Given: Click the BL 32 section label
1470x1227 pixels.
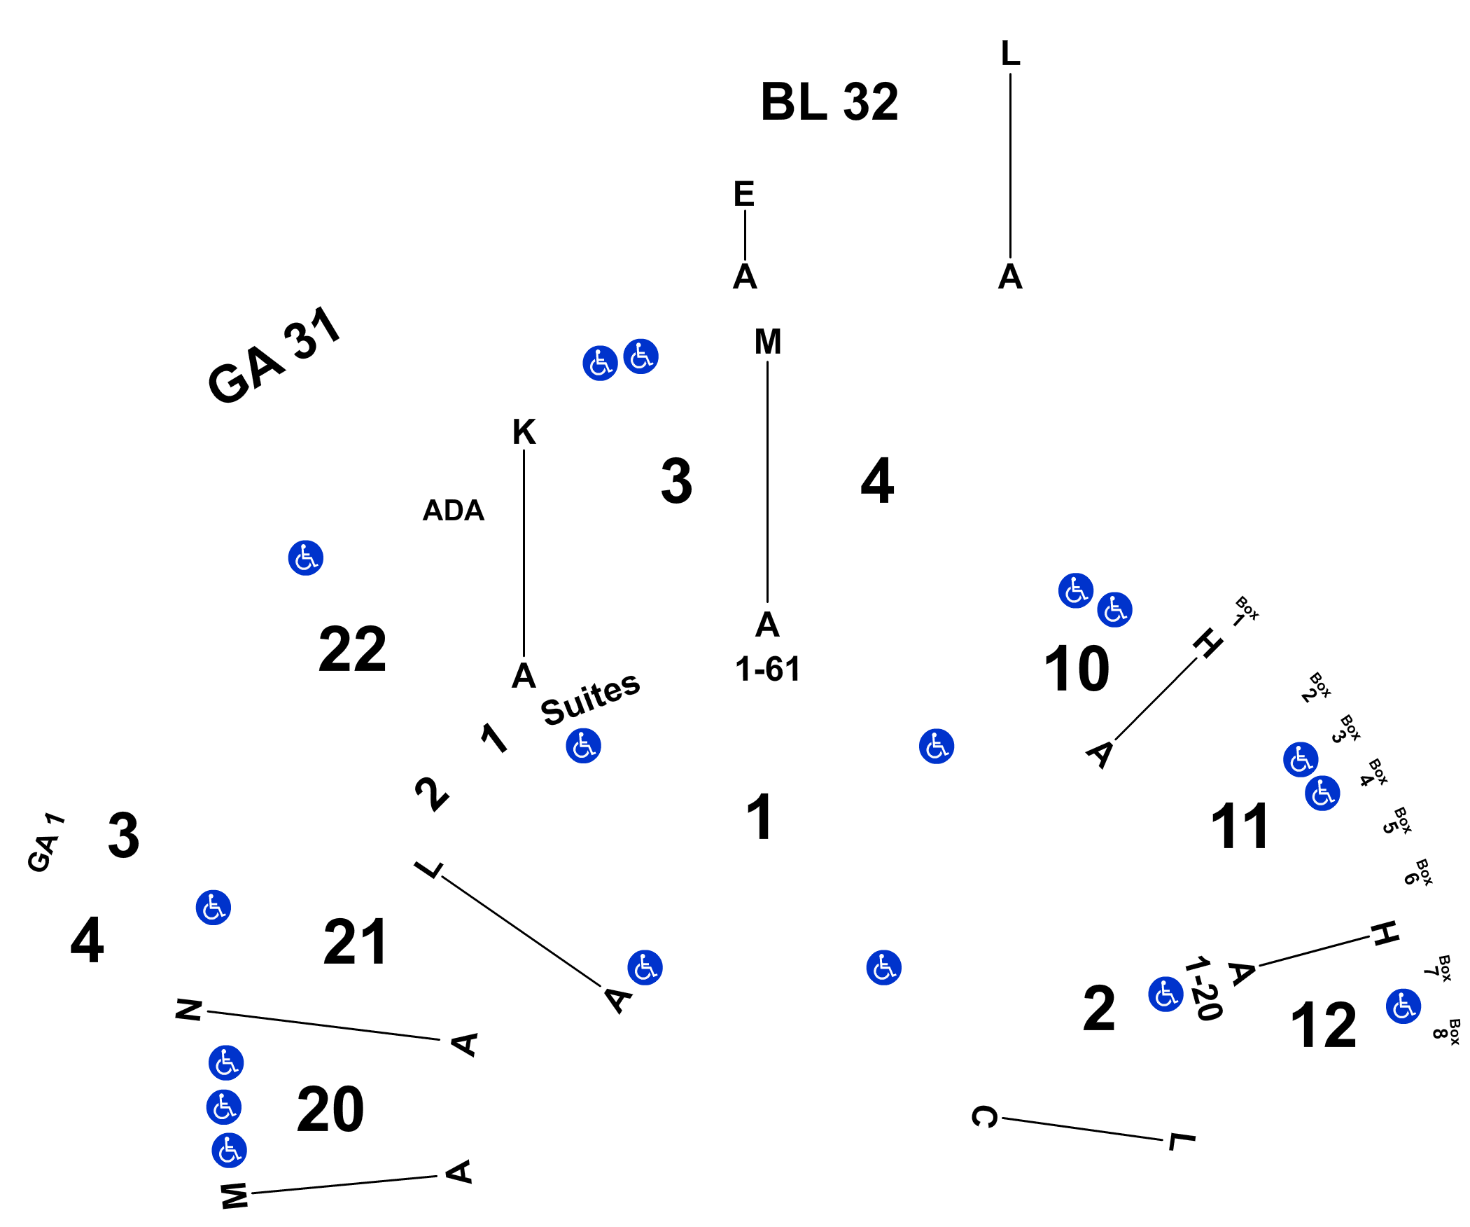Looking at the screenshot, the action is tap(829, 102).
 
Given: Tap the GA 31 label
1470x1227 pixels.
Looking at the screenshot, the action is tap(274, 355).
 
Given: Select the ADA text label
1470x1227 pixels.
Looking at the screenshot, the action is tap(454, 511).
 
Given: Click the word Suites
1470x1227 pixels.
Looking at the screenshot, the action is tap(591, 698).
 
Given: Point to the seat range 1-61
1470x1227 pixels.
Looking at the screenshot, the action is tap(768, 670).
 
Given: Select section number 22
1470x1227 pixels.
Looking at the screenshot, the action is tap(352, 649).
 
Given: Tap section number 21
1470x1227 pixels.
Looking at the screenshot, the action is tap(355, 942).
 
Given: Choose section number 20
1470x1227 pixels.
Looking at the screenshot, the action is tap(330, 1109).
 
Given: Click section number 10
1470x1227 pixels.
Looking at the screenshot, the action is tap(1077, 669).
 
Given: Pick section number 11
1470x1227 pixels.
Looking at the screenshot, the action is tap(1240, 826).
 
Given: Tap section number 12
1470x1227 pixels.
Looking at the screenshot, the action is tap(1324, 1025).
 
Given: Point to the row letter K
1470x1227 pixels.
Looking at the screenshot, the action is tap(524, 432).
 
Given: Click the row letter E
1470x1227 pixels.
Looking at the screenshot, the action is tap(744, 194).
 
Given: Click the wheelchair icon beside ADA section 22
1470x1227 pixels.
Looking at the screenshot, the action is tap(306, 558).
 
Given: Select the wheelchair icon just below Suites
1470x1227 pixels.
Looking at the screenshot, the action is tap(584, 746).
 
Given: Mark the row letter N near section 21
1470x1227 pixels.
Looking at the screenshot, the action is tap(189, 1010).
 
